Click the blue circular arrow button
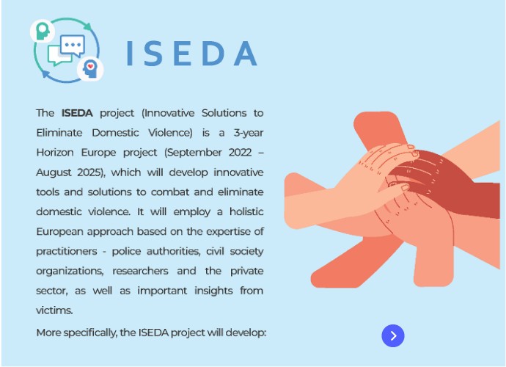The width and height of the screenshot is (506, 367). pos(393,335)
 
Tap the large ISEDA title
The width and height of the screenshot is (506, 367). pos(192,54)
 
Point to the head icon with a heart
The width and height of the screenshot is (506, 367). pos(90,68)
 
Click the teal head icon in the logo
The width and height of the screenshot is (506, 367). pos(43,31)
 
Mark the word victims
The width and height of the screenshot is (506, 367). pos(54,310)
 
